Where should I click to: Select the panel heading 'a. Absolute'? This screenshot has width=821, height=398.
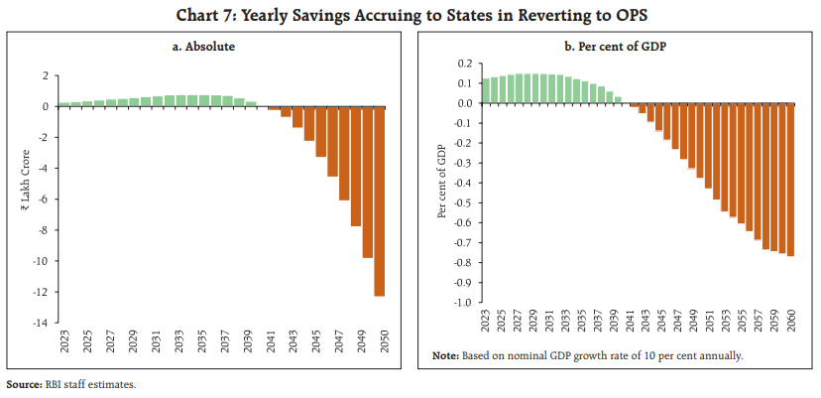[x=209, y=46]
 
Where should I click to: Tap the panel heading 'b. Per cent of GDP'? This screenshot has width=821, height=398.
[x=617, y=46]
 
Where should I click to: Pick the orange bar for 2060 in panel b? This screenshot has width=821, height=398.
[x=790, y=180]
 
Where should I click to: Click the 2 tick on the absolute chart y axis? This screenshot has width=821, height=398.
[x=45, y=75]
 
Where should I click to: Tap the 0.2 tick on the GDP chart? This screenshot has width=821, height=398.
[x=462, y=64]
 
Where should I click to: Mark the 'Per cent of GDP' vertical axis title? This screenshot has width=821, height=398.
[x=441, y=184]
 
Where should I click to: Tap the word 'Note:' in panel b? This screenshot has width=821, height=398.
[x=445, y=355]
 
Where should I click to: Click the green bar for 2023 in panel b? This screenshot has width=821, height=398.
[x=485, y=91]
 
